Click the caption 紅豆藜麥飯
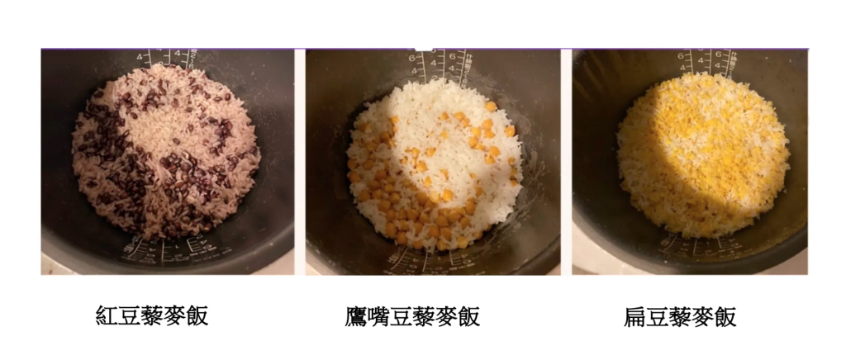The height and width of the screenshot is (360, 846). click(152, 315)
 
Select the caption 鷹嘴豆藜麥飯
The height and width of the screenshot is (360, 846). click(412, 316)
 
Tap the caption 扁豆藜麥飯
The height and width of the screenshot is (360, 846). click(680, 316)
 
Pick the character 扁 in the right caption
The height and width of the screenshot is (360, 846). click(636, 316)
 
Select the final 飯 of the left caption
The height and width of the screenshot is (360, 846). click(197, 315)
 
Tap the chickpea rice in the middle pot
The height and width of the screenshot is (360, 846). click(434, 165)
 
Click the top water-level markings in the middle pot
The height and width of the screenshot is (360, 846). click(438, 62)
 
